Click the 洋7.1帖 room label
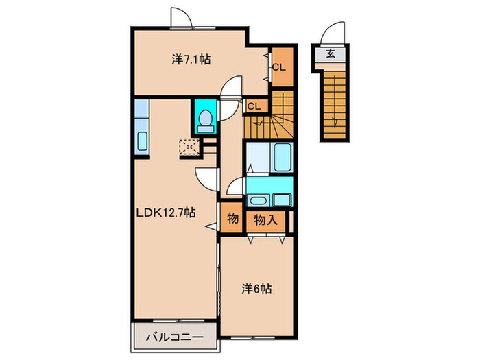(x=191, y=60)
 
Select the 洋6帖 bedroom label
(x=256, y=289)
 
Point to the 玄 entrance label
(x=331, y=53)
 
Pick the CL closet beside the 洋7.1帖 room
(x=279, y=67)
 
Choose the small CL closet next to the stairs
(x=254, y=106)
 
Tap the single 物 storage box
(x=232, y=219)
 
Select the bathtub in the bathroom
(x=282, y=159)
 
